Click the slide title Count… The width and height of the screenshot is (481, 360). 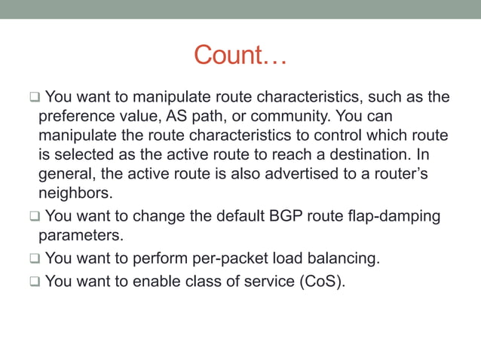[240, 55]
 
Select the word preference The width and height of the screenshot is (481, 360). [75, 117]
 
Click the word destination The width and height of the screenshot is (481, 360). [386, 154]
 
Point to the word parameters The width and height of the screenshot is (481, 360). [79, 236]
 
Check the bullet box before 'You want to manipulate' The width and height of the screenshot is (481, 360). [35, 98]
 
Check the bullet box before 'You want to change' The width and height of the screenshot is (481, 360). [35, 218]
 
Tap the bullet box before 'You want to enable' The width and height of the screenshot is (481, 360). [35, 283]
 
